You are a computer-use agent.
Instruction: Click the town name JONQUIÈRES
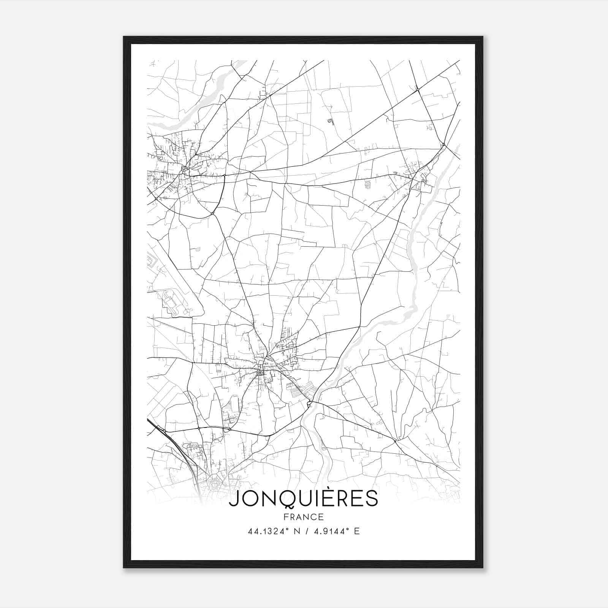tap(304, 499)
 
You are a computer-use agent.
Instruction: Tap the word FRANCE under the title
tap(303, 517)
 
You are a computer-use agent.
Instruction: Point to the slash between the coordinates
tap(306, 531)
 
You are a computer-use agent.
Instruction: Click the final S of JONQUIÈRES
tap(372, 499)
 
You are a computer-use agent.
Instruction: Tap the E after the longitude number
tap(356, 531)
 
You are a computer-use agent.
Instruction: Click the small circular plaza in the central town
tap(260, 373)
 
